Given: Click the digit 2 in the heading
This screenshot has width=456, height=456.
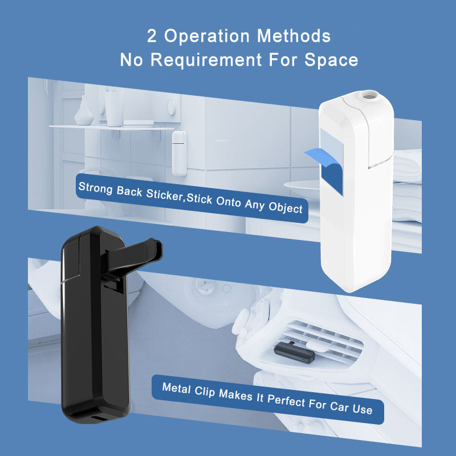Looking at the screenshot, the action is (x=152, y=36).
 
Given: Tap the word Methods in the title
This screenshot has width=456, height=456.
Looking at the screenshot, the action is (x=294, y=36).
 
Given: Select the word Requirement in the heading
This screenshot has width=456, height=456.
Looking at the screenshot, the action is (x=206, y=60).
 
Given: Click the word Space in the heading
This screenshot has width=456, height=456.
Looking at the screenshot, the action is (x=331, y=60).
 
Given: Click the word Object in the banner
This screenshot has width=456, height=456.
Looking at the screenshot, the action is (x=286, y=207).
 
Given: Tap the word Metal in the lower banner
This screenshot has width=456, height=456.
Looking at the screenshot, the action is (x=176, y=388).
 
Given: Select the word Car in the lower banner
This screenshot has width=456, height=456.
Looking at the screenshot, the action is (x=339, y=406).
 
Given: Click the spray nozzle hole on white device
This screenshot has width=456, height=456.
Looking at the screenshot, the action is (x=369, y=95).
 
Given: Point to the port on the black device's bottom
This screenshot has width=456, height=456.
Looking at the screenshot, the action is (x=99, y=419).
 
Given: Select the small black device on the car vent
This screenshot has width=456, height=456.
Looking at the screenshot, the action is (x=294, y=353).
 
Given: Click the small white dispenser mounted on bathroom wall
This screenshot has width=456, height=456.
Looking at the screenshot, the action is (x=179, y=153).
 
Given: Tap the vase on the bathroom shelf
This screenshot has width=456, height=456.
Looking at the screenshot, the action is (x=83, y=111).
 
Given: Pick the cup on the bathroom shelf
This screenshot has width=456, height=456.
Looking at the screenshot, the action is (x=115, y=109).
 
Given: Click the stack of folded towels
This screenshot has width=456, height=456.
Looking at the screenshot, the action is (x=407, y=186).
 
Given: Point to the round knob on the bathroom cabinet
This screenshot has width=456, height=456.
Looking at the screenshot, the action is (x=172, y=108).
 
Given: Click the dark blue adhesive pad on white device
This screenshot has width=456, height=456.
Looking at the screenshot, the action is (x=332, y=177).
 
